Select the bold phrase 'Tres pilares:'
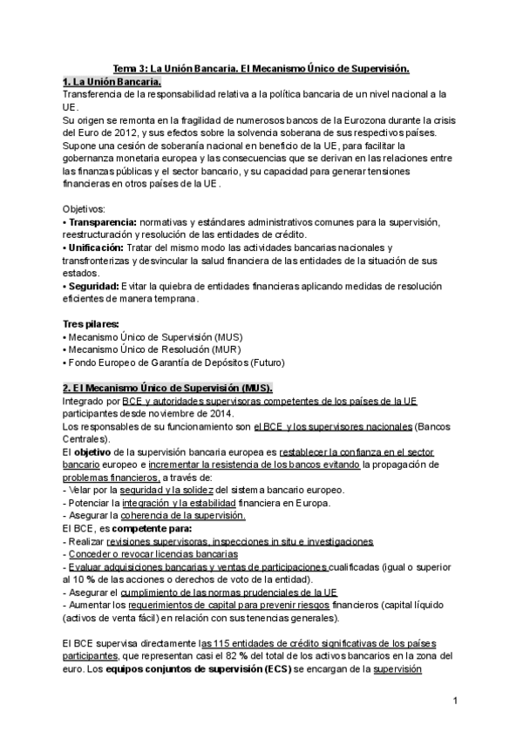tap(91, 324)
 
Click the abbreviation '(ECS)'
tap(252, 669)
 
